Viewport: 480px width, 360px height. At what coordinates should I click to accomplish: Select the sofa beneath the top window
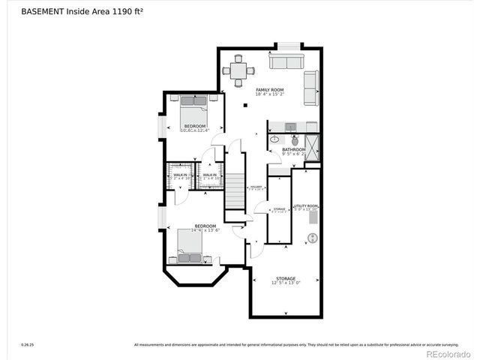pyautogui.click(x=286, y=61)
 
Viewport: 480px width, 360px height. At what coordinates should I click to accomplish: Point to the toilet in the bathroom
pyautogui.click(x=295, y=140)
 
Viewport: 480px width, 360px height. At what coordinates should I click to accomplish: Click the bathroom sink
pyautogui.click(x=275, y=139)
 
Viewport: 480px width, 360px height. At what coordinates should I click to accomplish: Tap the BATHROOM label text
pyautogui.click(x=293, y=149)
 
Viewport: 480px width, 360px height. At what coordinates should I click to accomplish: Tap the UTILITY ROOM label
pyautogui.click(x=305, y=205)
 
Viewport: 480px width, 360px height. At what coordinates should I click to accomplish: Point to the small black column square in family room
pyautogui.click(x=246, y=106)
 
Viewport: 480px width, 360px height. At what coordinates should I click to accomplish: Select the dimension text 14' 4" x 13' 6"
pyautogui.click(x=205, y=232)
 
